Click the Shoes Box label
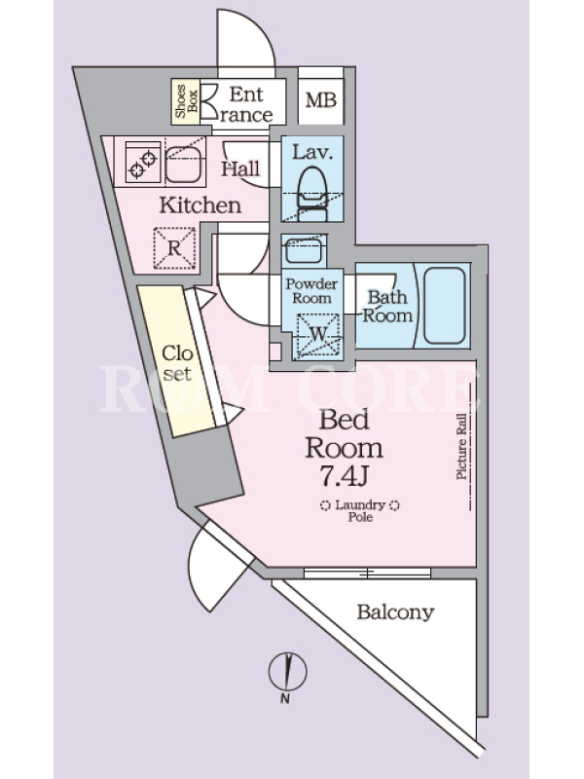186,101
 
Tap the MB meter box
321,101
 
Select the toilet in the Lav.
312,193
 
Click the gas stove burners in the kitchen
143,162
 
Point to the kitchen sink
184,164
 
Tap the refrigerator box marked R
174,247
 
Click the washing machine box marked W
318,335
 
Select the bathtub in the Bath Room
445,306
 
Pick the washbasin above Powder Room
304,251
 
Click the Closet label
177,363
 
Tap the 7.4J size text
344,477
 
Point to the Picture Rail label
461,447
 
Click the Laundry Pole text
360,510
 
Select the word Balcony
395,612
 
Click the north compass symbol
287,672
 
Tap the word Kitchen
201,205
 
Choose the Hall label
240,168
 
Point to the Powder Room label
311,291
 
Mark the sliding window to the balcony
367,574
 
